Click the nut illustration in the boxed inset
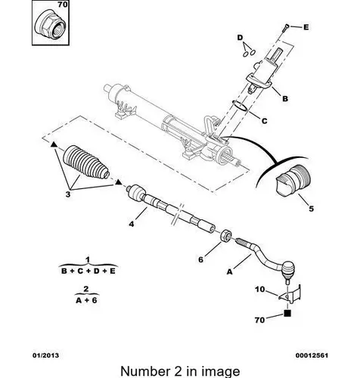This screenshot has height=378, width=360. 50,26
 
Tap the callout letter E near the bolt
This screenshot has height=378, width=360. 306,27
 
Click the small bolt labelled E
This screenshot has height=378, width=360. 286,28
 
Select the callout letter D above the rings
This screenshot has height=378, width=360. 240,38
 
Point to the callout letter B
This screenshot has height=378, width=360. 285,98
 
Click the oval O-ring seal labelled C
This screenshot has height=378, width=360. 240,106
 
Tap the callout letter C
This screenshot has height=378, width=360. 264,121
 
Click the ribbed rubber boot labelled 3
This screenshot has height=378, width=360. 86,162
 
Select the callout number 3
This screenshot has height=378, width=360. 68,194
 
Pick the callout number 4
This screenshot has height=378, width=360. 132,224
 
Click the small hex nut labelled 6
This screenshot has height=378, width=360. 225,236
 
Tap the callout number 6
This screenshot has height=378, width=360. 200,259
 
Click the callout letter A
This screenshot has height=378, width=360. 229,272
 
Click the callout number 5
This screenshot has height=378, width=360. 312,209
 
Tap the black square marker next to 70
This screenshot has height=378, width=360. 287,313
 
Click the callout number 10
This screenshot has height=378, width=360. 260,290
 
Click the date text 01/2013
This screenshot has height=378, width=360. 46,355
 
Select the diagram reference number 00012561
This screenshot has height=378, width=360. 312,355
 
